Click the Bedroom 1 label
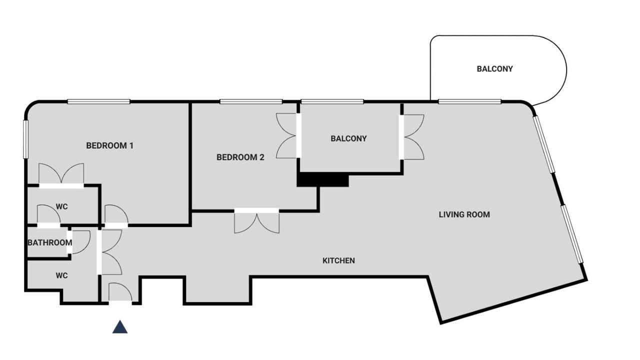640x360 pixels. (109, 145)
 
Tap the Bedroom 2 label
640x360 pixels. (240, 157)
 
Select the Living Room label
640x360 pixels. (464, 214)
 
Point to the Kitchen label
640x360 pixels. (338, 260)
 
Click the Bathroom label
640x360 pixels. (49, 242)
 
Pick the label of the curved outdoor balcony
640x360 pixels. (494, 69)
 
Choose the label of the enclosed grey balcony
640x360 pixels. (348, 138)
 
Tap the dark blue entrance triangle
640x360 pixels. (120, 326)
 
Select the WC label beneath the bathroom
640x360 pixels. (61, 275)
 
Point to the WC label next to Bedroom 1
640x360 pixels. (61, 206)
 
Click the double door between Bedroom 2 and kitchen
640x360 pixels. (256, 220)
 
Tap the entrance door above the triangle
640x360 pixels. (120, 292)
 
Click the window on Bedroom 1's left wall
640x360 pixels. (25, 139)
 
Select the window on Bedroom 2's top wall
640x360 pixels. (251, 101)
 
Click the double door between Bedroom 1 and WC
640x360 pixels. (61, 175)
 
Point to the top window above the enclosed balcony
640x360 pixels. (332, 101)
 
